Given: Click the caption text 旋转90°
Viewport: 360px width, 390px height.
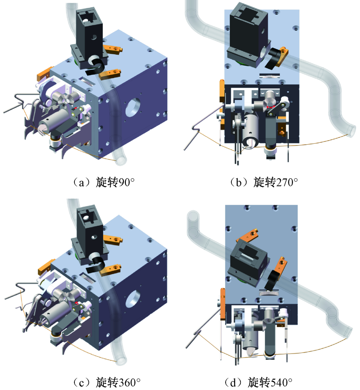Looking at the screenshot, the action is coord(115,182).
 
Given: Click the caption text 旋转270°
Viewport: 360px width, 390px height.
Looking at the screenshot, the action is coord(275,182).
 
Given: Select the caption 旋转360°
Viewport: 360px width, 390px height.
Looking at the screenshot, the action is coord(118,382).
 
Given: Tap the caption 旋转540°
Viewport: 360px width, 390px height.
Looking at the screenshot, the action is coord(270,382).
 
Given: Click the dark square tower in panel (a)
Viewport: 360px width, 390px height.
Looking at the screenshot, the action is coord(90,37).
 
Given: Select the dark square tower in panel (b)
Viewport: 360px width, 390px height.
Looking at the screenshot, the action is coord(249,35).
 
